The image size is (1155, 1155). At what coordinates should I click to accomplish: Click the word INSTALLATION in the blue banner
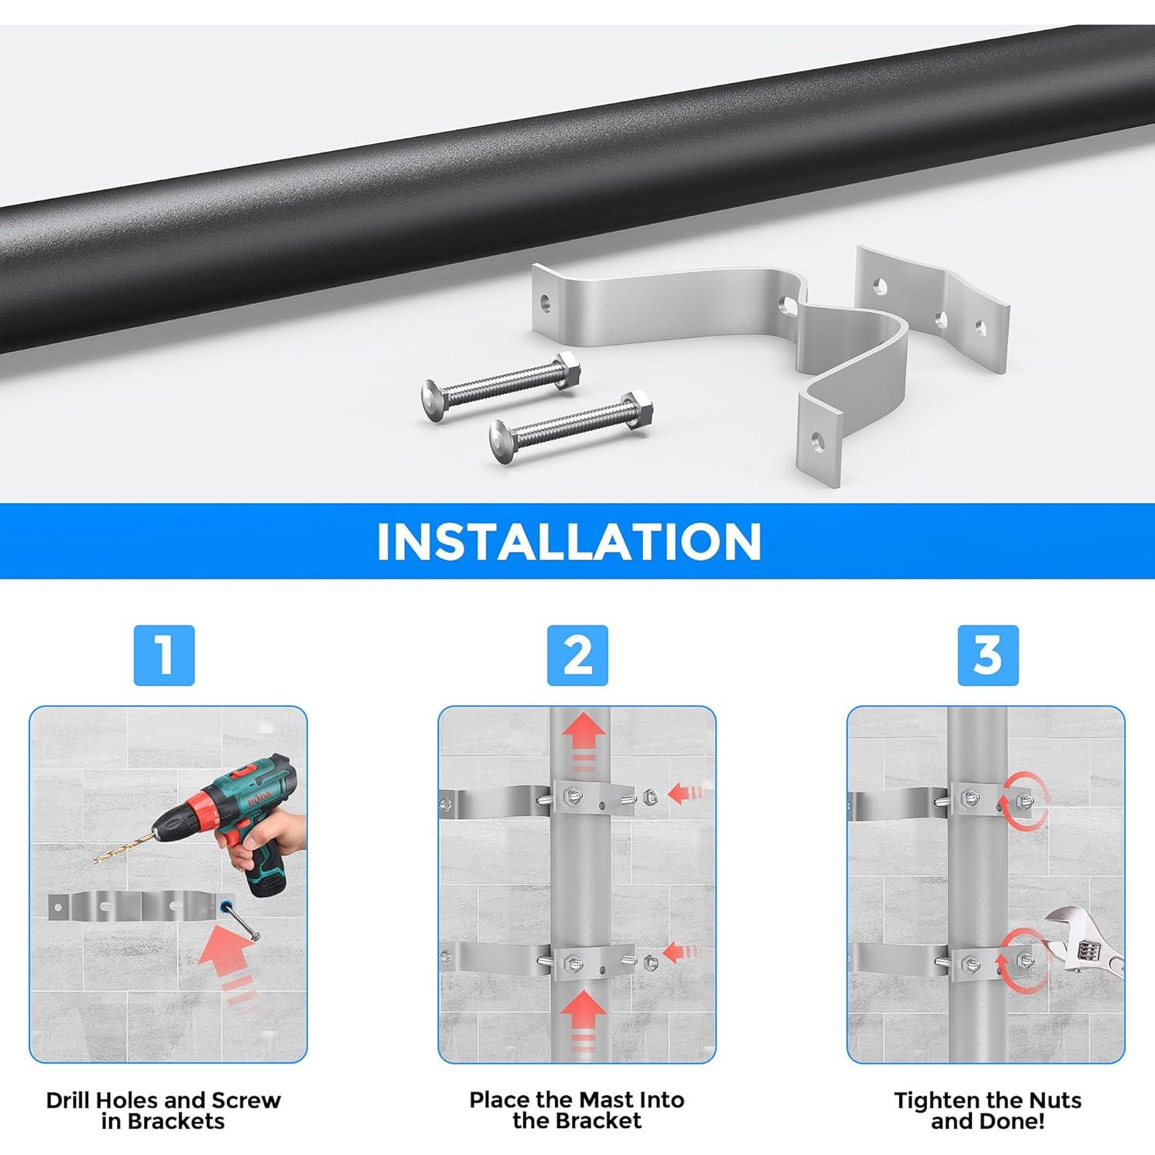[568, 541]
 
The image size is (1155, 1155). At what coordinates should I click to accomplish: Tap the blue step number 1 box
[164, 655]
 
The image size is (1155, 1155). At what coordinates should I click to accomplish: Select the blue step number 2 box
[577, 655]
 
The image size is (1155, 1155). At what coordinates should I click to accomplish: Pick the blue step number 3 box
[988, 655]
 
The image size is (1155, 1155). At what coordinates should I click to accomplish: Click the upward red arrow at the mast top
[583, 735]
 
